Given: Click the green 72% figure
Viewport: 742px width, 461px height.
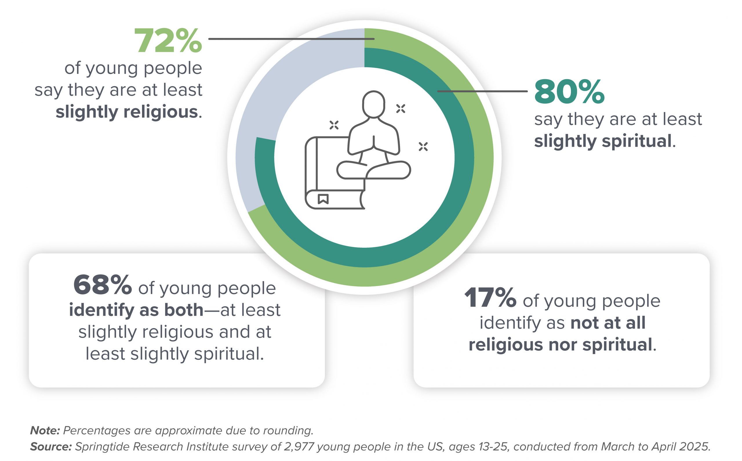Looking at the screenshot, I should point(168,41).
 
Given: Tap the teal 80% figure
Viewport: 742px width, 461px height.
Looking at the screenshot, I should point(569,91).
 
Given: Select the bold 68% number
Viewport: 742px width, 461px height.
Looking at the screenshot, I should point(103,285).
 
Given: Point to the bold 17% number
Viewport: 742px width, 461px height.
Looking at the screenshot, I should point(490,298).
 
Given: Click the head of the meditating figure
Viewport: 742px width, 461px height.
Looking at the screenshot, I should point(373,104).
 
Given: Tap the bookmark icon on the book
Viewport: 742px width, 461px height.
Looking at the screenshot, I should point(323,199).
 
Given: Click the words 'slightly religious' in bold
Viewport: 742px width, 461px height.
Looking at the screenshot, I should point(127,112).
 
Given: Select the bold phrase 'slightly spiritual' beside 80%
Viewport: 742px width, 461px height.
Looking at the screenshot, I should point(603,141).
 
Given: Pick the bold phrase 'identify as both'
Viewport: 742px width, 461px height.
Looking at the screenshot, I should point(136,310).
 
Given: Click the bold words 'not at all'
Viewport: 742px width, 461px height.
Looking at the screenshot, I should point(608,323).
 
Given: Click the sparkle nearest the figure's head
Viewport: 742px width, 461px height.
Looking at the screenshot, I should point(401,109).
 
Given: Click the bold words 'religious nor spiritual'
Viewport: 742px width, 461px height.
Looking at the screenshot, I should point(560,345).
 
